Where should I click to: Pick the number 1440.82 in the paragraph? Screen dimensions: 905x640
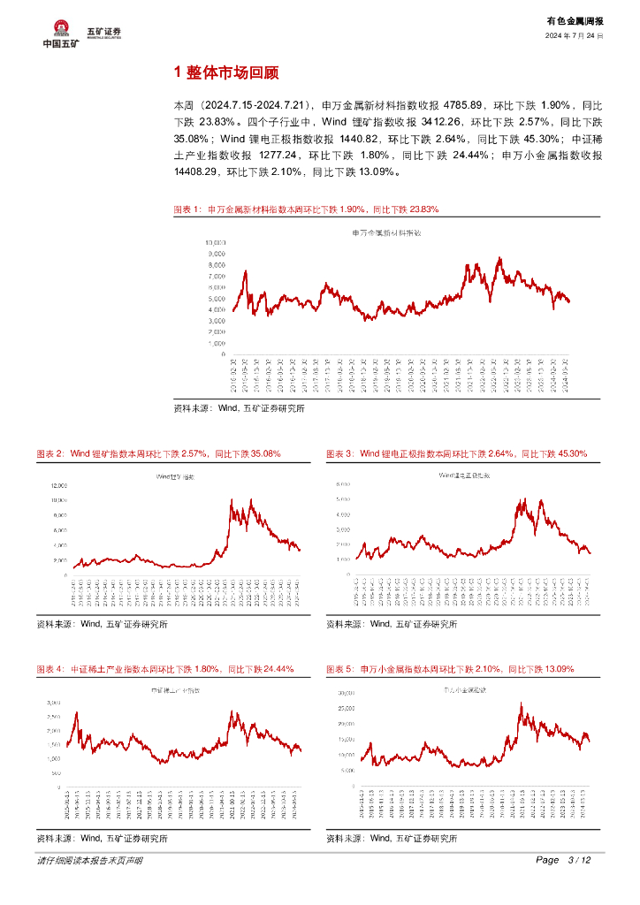(359, 139)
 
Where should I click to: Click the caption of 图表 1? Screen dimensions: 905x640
(306, 210)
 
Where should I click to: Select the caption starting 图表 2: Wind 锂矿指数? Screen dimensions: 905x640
(158, 453)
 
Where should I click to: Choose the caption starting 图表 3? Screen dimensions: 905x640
(456, 453)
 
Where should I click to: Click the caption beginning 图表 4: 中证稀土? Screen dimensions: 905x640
(164, 669)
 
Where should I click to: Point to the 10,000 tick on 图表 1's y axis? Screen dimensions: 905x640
(216, 241)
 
